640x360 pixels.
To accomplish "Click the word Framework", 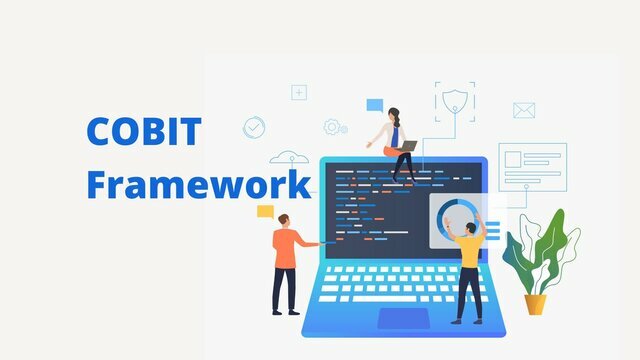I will tap(198, 185).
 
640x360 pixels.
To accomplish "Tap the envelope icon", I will tap(524, 110).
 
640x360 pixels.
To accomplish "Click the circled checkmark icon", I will tap(255, 127).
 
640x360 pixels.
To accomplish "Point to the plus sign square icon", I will tap(299, 92).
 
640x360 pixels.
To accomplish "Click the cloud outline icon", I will tap(290, 157).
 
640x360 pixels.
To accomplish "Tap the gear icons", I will tap(334, 127).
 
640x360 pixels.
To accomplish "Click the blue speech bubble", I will tap(374, 104).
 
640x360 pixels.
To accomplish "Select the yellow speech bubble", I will tap(265, 211).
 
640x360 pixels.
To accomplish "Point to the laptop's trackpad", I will tap(403, 318).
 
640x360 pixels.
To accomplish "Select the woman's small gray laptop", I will tap(407, 146).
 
